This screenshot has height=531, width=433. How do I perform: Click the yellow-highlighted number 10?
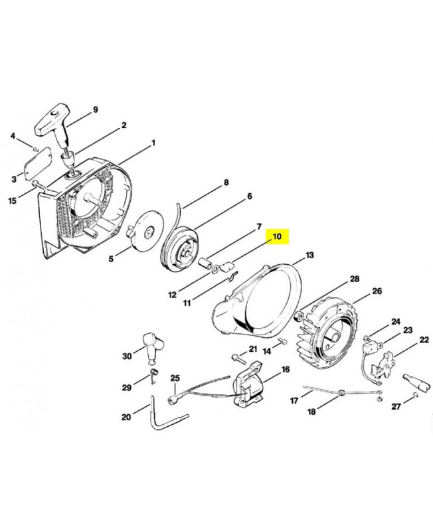click(x=277, y=236)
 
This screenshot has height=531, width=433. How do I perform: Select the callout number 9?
click(x=95, y=110)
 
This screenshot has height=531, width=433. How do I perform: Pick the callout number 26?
click(x=377, y=291)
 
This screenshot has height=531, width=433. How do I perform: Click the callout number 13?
click(x=309, y=255)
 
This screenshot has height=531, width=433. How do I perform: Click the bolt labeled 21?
click(x=238, y=358)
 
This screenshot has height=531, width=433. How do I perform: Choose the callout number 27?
click(x=396, y=406)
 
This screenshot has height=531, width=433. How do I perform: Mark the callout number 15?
click(x=12, y=201)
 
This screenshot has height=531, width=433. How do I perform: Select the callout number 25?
click(x=175, y=378)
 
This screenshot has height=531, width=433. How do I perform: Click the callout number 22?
click(x=424, y=340)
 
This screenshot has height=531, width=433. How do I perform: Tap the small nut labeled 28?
click(x=299, y=317)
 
